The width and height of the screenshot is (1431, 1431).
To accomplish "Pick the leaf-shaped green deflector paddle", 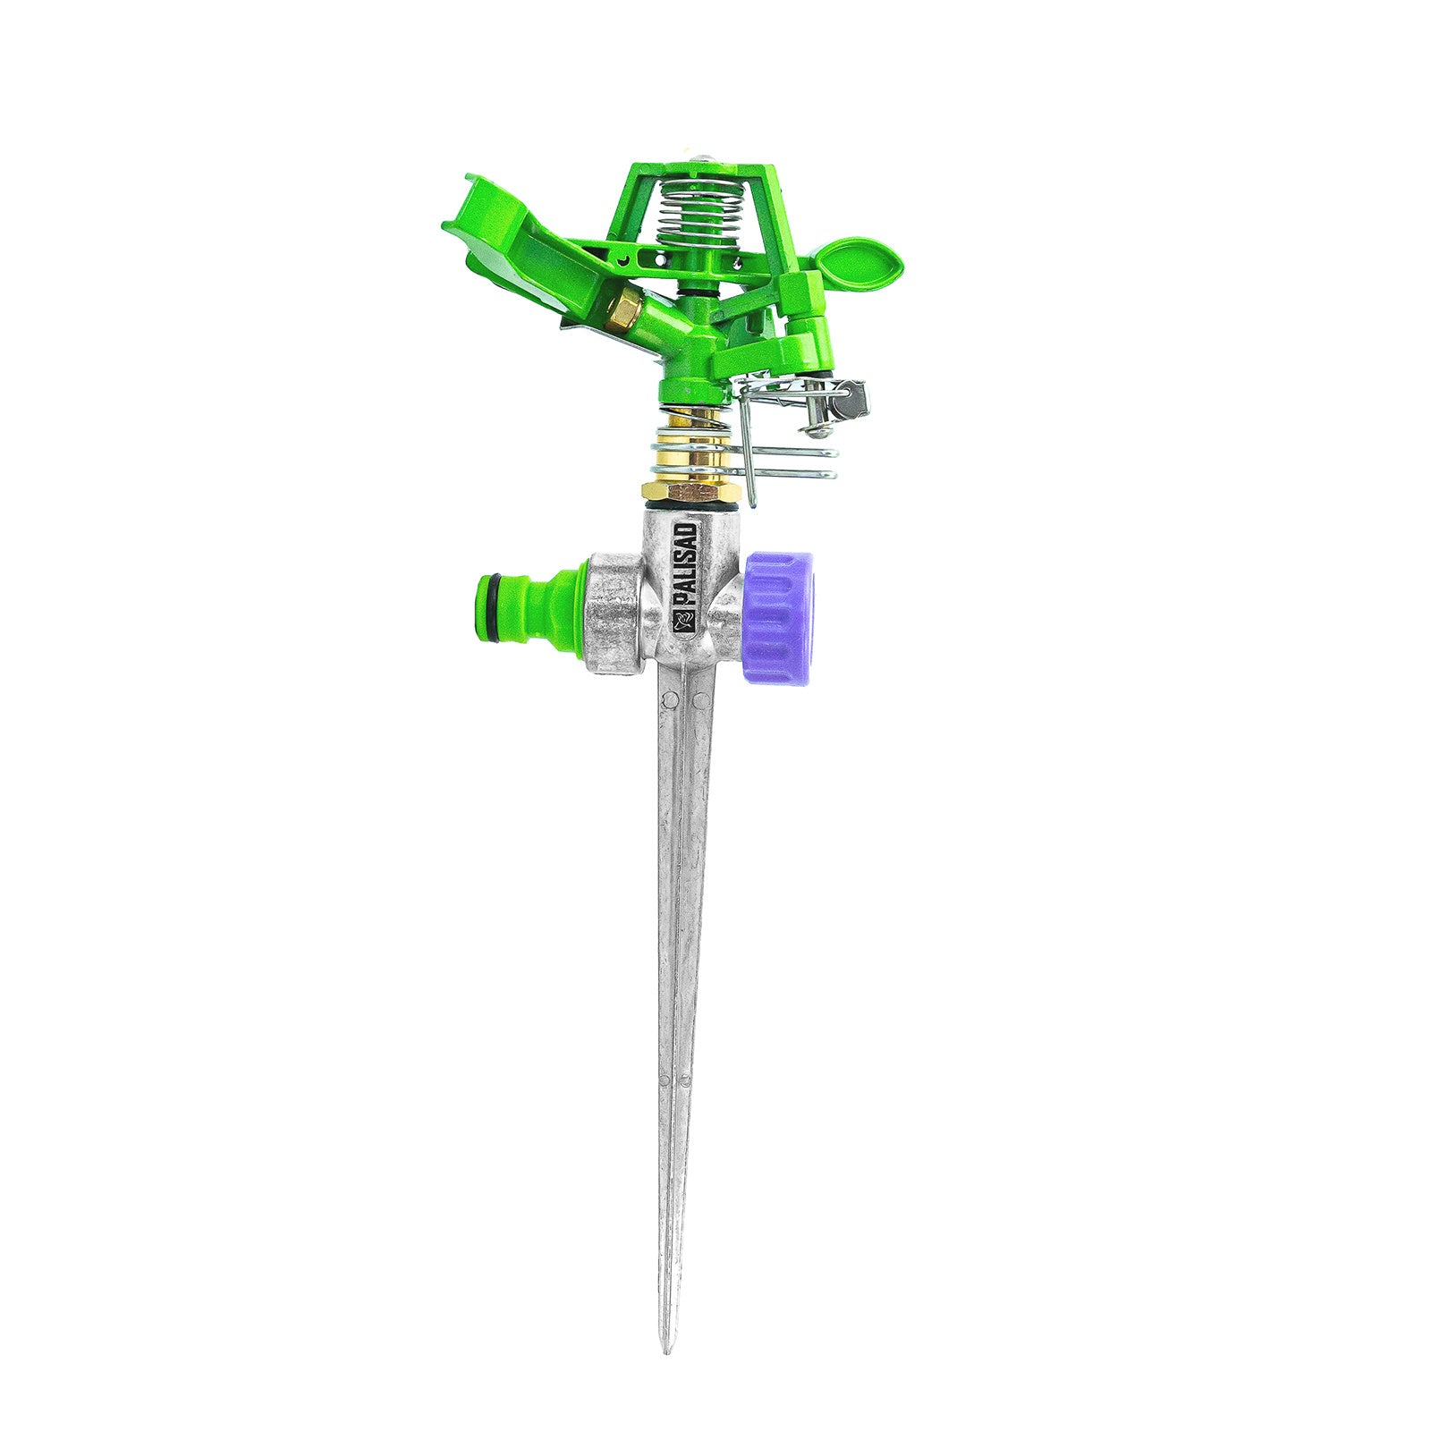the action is click(x=859, y=259).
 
